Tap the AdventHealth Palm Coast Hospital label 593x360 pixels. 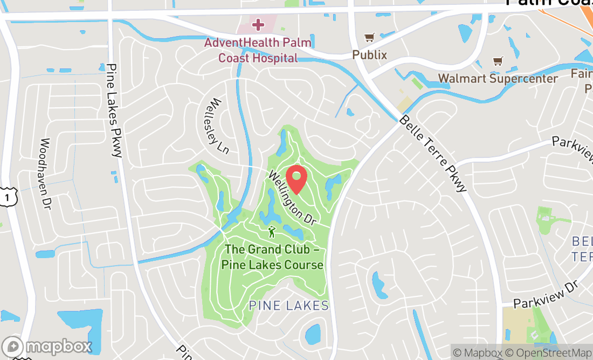click(x=258, y=50)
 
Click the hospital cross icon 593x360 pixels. click(x=258, y=24)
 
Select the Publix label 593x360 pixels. click(x=370, y=54)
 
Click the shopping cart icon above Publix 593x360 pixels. click(x=369, y=38)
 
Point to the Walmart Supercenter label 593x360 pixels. click(x=498, y=79)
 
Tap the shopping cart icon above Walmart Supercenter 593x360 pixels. click(x=498, y=61)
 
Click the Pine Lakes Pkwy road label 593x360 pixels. click(x=115, y=110)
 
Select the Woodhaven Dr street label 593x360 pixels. click(x=45, y=173)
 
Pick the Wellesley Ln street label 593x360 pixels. click(x=217, y=125)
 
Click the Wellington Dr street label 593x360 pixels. click(x=292, y=197)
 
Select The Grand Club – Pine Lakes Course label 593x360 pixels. click(x=274, y=257)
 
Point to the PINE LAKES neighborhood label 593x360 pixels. click(x=288, y=306)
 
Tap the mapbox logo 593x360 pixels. click(x=46, y=346)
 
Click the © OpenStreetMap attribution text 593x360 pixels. click(x=548, y=353)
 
